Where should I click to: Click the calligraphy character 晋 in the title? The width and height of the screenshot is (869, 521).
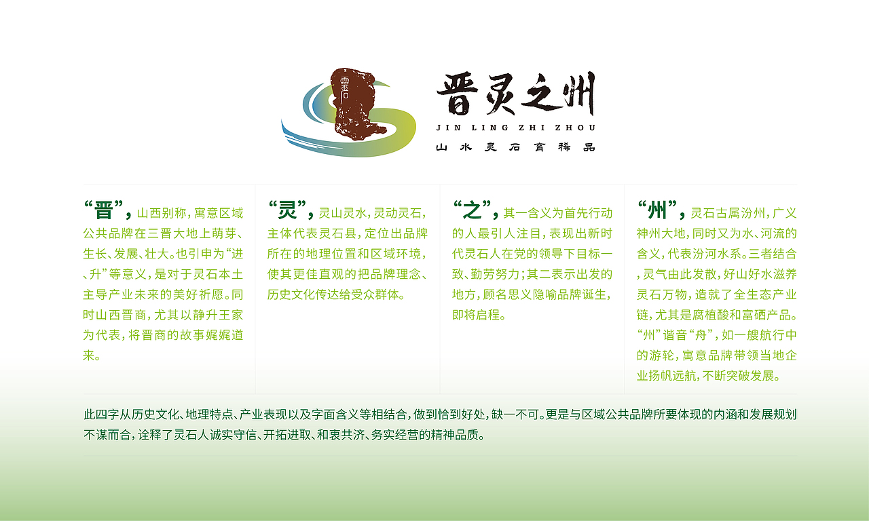coord(457,95)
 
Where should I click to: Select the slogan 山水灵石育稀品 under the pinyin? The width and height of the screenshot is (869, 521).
coord(516,147)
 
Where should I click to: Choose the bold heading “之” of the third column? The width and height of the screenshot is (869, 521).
coord(473,210)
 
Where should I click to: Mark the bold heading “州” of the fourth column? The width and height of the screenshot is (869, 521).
coord(657,210)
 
